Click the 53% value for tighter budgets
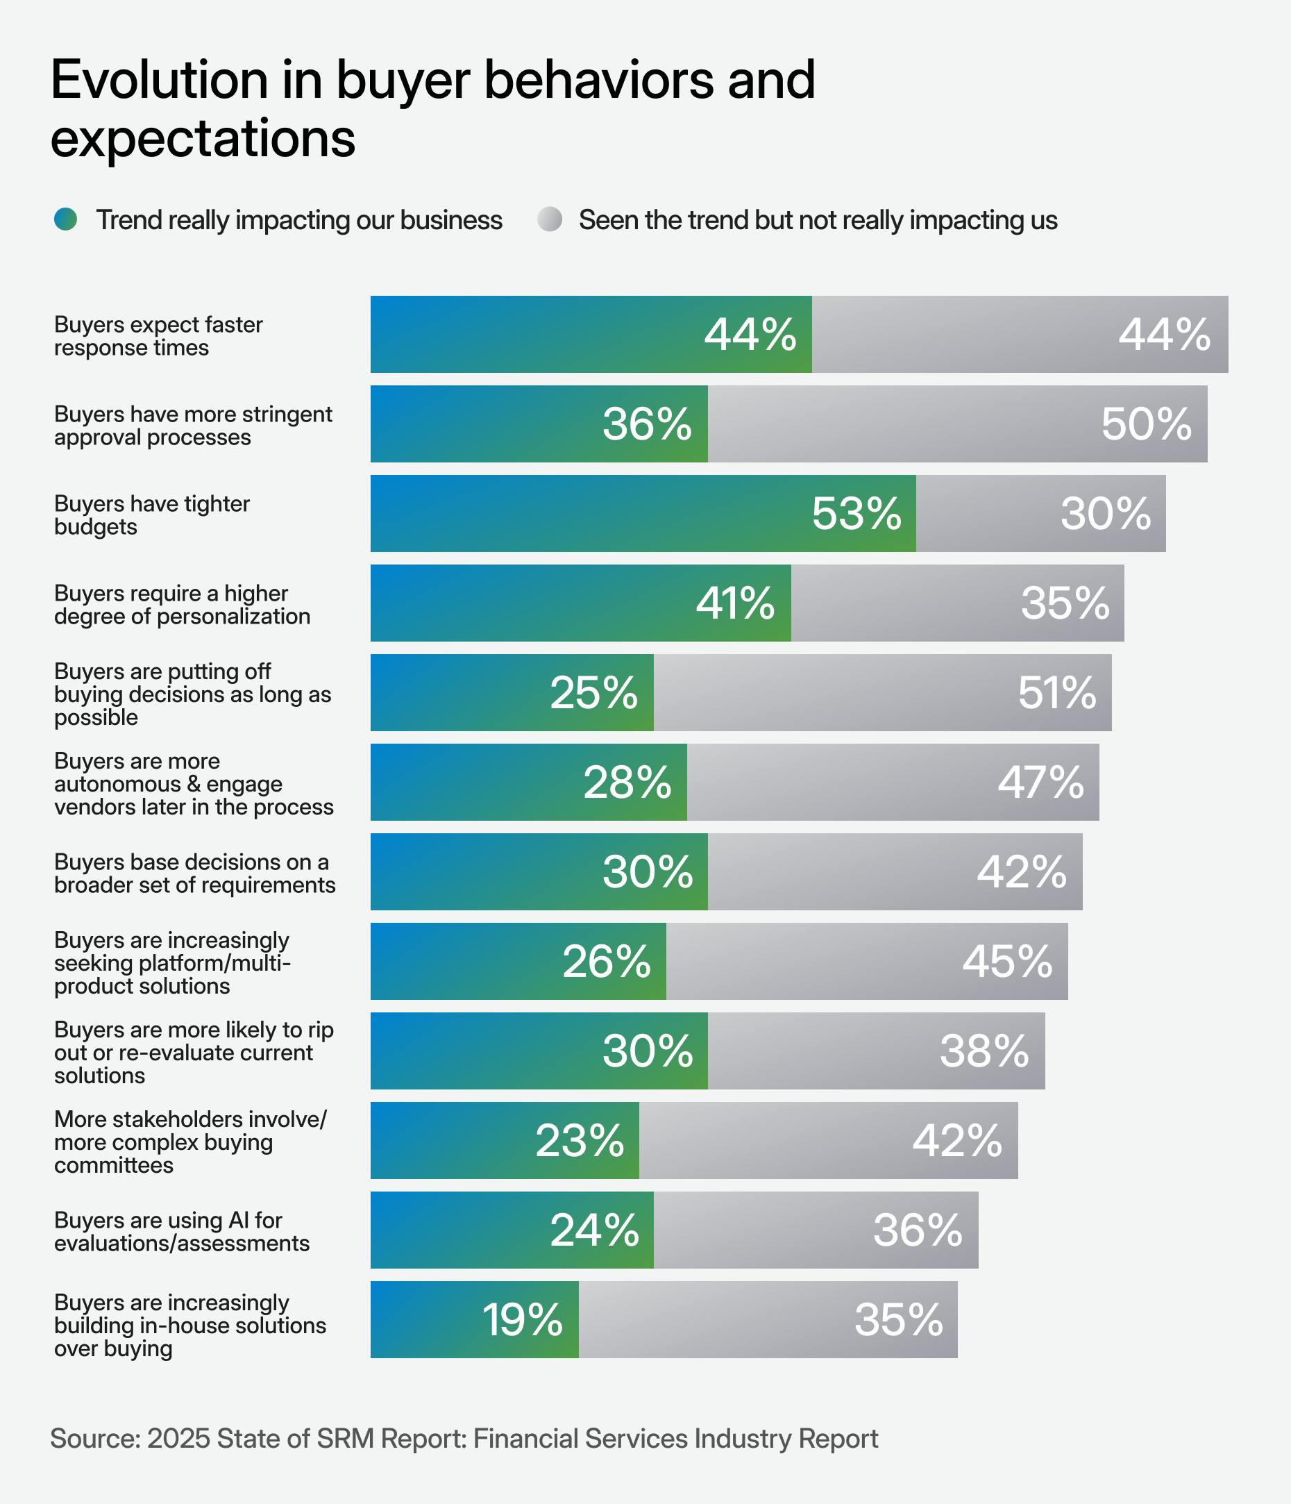[x=857, y=514]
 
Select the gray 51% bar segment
[x=881, y=692]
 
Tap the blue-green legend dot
[x=65, y=219]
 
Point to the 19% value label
[x=523, y=1319]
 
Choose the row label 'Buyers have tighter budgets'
[x=152, y=515]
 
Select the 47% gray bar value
[x=1040, y=783]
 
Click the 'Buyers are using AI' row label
[x=181, y=1231]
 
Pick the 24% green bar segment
[x=512, y=1230]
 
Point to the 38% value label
[x=984, y=1051]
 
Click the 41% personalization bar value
[x=735, y=603]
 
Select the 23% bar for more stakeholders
[x=505, y=1140]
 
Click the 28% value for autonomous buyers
[x=627, y=783]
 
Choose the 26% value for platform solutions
[x=607, y=962]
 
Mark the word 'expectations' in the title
[x=203, y=138]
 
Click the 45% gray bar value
[x=1007, y=962]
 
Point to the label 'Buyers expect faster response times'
[x=158, y=335]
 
